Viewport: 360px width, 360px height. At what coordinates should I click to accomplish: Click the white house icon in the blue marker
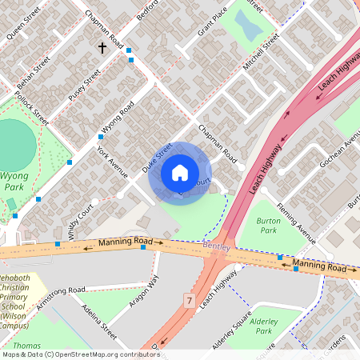coord(180,172)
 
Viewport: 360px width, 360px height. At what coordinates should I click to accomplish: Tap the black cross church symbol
coord(102,48)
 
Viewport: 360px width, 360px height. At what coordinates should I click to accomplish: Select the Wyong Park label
coord(14,180)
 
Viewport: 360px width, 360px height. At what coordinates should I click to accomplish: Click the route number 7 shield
coord(189,301)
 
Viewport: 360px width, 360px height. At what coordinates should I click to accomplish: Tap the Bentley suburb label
coord(216,247)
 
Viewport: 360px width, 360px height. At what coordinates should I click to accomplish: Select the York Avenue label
coord(112,162)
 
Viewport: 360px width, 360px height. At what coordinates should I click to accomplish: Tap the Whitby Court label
coord(81,217)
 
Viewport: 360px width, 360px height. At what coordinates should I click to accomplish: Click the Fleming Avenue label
coord(297,218)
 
